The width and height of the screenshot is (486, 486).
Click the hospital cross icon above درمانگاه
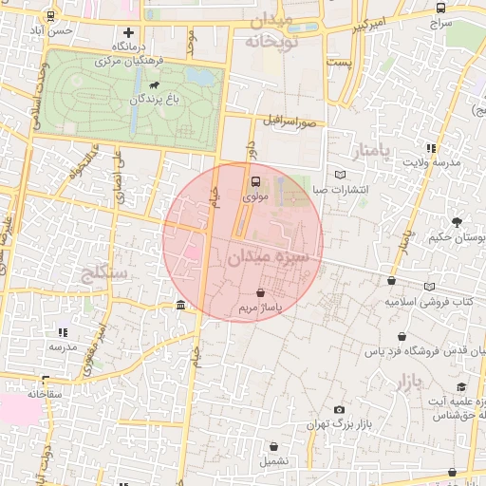point(128,33)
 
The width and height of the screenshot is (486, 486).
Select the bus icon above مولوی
point(253,181)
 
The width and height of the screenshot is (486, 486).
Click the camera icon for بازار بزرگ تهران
point(339,410)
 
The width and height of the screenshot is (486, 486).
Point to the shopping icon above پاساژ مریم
point(260,293)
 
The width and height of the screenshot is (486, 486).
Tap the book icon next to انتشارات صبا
point(341,175)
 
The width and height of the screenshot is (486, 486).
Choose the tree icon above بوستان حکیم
point(457,222)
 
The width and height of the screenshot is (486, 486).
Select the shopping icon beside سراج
point(439,7)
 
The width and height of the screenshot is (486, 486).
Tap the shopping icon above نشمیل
point(273,446)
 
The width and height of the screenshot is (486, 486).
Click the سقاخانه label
point(45,393)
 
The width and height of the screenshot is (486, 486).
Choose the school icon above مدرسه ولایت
point(431,148)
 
